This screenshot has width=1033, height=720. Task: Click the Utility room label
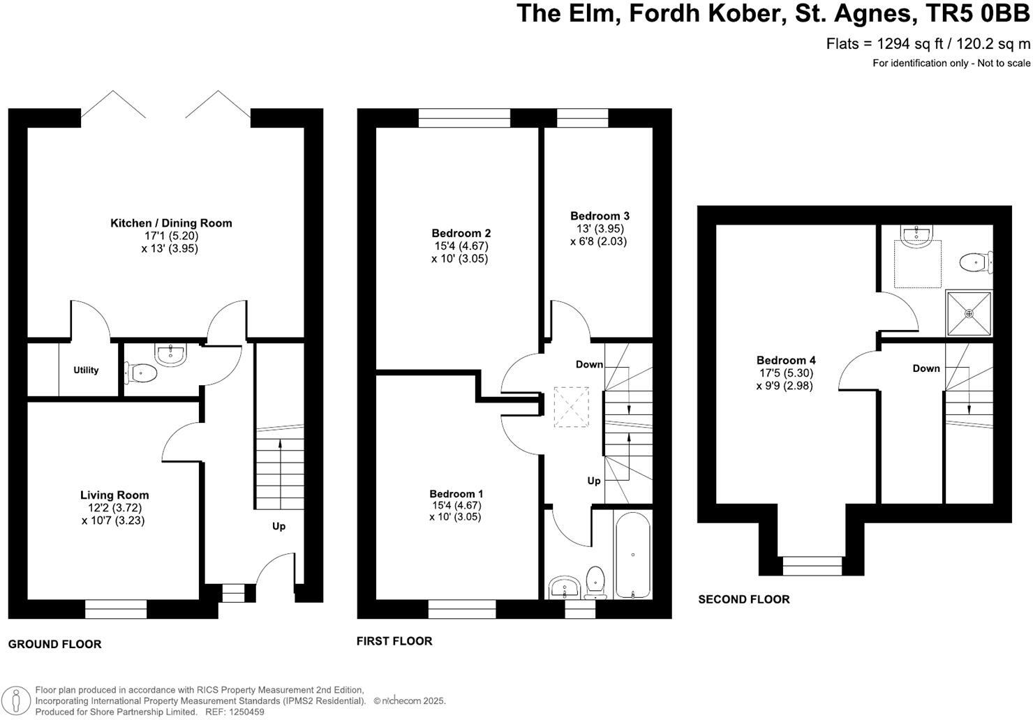coord(86,370)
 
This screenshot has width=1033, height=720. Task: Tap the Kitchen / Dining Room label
coord(171,223)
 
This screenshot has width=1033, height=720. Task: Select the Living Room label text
coord(114,495)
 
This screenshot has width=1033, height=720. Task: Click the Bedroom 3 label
coord(600,216)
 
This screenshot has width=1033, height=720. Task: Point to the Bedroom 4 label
coord(786,361)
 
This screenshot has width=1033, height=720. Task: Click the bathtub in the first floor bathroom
coord(633,555)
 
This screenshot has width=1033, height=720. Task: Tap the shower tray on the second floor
coord(969,314)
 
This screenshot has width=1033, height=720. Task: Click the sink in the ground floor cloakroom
coord(170,354)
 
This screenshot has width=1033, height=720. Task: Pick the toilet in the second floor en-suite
coord(976,263)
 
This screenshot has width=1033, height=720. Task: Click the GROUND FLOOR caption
coord(54,645)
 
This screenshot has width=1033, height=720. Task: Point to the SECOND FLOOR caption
coord(744,599)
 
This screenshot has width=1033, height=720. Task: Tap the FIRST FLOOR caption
coord(394,641)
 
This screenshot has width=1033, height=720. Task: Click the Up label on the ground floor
coord(278,526)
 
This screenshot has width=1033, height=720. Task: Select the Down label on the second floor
coord(926,368)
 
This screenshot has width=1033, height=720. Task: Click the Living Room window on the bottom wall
coord(116,610)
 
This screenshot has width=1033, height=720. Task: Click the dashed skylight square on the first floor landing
coord(571,407)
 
